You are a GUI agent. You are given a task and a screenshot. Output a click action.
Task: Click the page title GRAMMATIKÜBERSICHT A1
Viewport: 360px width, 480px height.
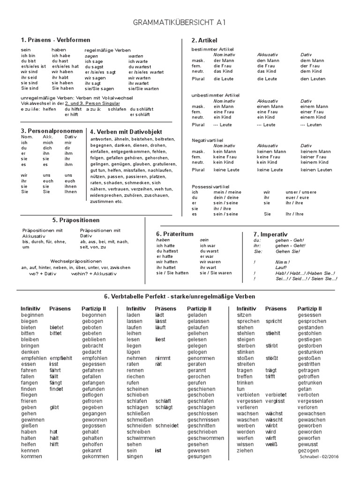[x=179, y=22]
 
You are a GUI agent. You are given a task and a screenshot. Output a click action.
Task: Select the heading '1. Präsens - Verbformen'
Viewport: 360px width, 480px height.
[x=49, y=40]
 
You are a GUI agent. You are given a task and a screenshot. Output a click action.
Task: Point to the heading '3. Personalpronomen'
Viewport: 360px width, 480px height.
[x=52, y=131]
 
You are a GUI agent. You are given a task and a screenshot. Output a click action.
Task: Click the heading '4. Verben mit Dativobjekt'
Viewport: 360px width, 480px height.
[x=126, y=132]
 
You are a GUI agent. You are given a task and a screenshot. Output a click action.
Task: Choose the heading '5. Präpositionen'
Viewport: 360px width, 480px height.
[x=76, y=220]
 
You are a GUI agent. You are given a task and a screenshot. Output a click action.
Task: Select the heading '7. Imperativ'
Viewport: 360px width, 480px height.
[x=270, y=234]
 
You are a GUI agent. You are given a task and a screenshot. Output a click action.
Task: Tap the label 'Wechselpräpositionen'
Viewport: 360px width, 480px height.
[x=76, y=261]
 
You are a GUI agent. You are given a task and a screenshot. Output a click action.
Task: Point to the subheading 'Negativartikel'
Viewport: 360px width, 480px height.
[x=207, y=140]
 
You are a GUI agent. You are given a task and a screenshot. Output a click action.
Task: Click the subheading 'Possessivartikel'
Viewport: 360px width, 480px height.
[x=209, y=186]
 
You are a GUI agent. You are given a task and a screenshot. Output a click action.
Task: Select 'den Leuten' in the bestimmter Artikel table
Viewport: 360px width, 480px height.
[x=312, y=79]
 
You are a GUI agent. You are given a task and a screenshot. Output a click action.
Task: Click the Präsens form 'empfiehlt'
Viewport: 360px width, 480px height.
[x=60, y=358]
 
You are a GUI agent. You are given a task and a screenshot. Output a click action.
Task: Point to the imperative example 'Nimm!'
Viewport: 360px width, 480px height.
[x=282, y=262]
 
